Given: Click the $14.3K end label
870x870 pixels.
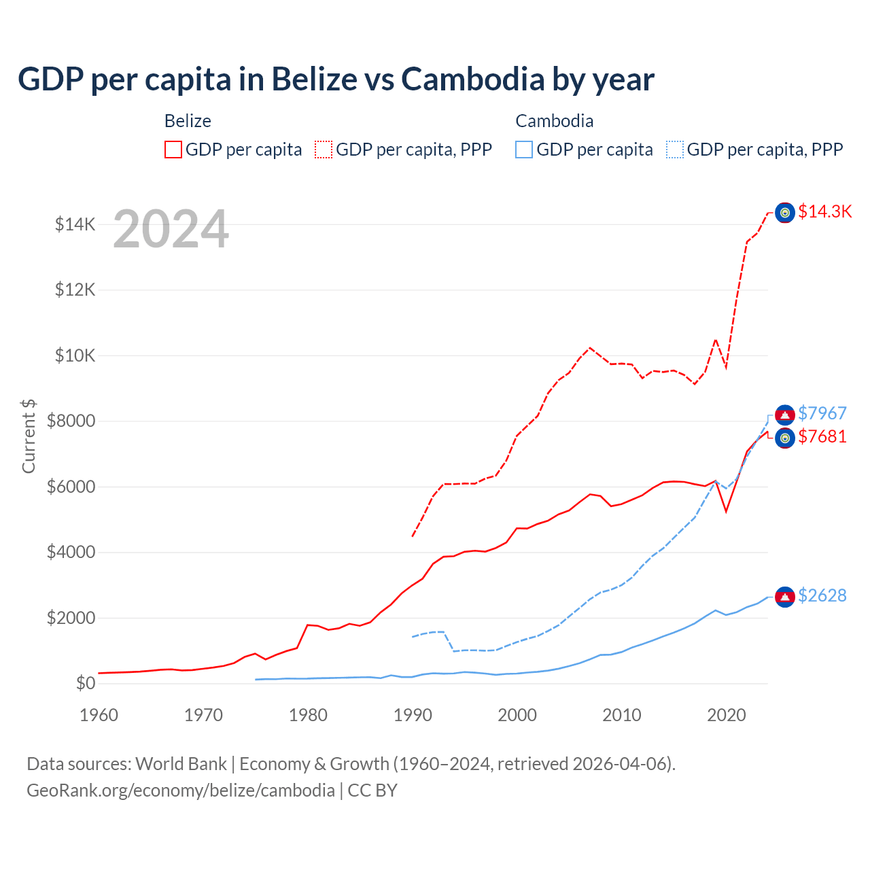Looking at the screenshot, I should point(824,211).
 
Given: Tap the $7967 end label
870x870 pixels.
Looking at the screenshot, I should point(822,413).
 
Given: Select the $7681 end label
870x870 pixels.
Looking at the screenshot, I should point(822,436).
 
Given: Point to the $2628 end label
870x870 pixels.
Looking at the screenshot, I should point(822,595).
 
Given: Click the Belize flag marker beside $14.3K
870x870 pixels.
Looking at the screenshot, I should point(785,213).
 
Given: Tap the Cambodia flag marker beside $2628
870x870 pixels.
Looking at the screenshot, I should point(785,597).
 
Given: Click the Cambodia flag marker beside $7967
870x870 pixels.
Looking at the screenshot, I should point(785,415).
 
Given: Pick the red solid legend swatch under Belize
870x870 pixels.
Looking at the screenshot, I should point(173,150).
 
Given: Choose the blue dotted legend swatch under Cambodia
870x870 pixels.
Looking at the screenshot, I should point(675,150).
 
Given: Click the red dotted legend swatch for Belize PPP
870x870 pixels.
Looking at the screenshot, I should point(324,150).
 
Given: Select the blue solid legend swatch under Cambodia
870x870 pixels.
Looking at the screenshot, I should point(524,150).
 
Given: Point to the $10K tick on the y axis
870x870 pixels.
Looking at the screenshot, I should point(75,355).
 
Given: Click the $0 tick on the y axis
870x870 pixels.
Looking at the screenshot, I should point(85,683).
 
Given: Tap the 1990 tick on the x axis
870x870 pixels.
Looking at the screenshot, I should point(413,715).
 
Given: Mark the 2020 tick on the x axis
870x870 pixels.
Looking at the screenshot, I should point(727,715).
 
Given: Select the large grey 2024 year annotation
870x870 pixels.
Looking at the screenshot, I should point(171,230).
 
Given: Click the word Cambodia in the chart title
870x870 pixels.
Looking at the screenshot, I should point(472,80).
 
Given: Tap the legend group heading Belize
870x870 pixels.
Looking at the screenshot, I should point(188,121).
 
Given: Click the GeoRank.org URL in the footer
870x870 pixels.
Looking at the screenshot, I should point(181,790).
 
